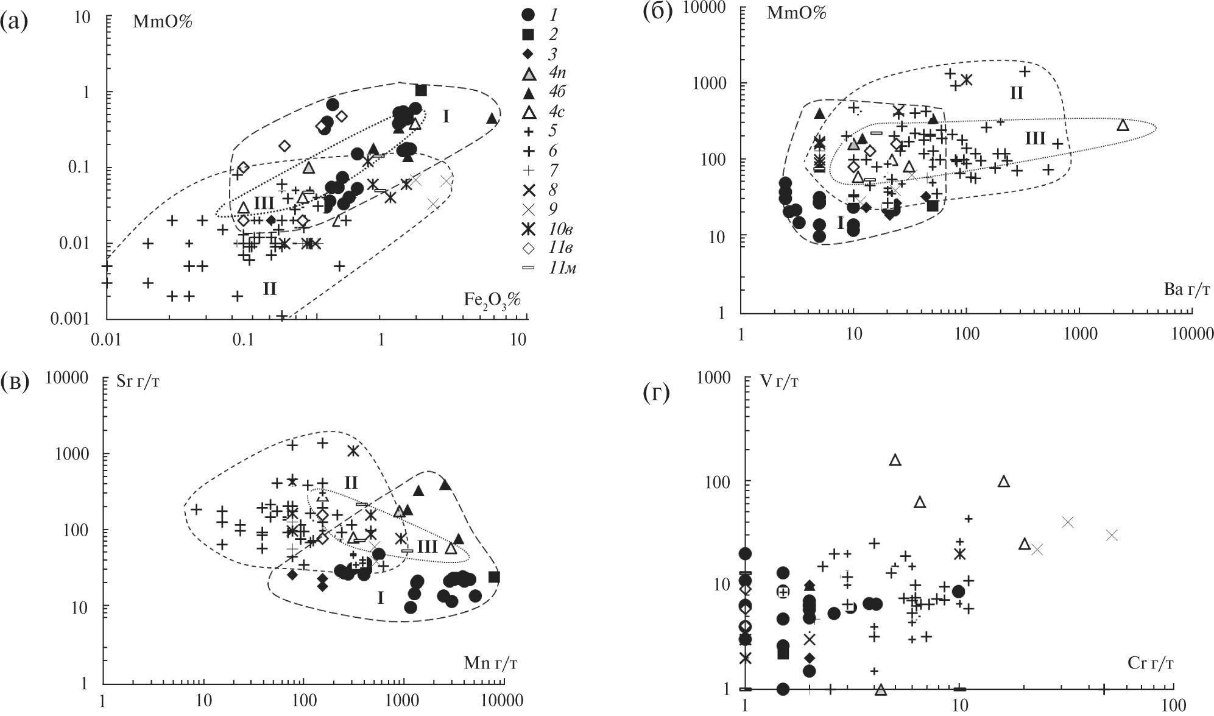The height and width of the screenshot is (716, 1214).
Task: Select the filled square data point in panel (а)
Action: (421, 91)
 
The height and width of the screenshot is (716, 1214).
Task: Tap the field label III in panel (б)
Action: (1035, 138)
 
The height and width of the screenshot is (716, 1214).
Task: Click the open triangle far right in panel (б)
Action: (1123, 125)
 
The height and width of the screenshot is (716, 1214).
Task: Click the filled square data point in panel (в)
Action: (494, 577)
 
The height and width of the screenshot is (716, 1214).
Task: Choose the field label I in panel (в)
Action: (380, 598)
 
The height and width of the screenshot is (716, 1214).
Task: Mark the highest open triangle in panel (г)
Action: (895, 460)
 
